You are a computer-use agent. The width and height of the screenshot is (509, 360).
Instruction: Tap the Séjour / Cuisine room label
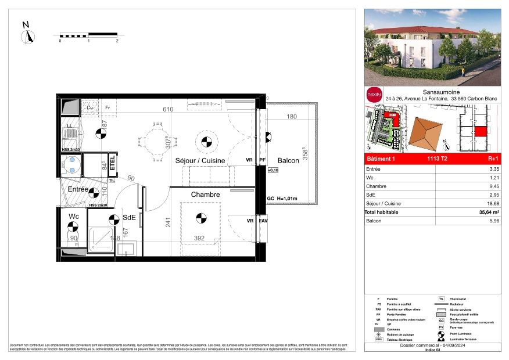pos(200,161)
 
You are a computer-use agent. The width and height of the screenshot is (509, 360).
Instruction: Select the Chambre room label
pos(206,195)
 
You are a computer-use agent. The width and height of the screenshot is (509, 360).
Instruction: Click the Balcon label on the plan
pos(288,161)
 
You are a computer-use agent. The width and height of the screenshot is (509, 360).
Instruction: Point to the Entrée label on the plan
pos(78,189)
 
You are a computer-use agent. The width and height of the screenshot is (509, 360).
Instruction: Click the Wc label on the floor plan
pos(74,217)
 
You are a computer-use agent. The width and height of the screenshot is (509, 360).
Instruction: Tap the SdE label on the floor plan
pos(129,218)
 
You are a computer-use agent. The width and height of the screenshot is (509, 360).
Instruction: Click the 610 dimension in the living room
pos(168,109)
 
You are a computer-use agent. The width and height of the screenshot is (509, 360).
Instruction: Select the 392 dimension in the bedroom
pos(200,238)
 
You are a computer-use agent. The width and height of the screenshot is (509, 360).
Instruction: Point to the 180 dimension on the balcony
pos(292,117)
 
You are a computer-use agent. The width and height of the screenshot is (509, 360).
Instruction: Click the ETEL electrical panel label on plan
pos(112,161)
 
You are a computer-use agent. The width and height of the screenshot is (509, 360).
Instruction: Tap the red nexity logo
pos(374,93)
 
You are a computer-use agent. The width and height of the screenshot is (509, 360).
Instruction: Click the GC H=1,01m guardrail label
pos(282,199)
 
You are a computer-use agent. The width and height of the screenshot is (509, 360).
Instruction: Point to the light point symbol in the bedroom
pos(201,218)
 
